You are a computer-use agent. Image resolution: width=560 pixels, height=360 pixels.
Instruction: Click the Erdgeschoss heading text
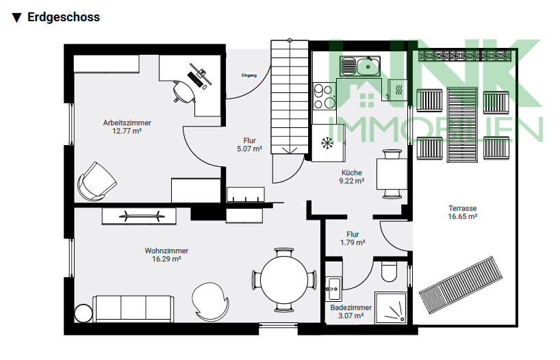[64, 17]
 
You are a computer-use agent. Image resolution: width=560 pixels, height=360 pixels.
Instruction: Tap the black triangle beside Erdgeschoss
[17, 18]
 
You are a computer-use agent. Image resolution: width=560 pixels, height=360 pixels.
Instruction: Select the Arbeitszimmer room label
[127, 123]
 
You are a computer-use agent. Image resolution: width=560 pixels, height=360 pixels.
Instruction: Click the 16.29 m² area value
[166, 259]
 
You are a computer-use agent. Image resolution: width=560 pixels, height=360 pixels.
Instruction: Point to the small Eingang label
[249, 75]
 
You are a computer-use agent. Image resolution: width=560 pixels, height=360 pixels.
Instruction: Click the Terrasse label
[463, 208]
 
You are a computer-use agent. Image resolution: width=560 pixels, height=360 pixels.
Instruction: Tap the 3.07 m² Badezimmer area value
[351, 316]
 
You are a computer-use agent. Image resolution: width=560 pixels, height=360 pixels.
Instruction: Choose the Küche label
[352, 172]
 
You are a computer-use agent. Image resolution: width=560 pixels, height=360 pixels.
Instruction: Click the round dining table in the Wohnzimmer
[284, 280]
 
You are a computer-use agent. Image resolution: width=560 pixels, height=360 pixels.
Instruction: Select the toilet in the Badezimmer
[389, 272]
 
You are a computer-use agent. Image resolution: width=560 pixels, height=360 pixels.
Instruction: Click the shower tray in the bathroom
[390, 308]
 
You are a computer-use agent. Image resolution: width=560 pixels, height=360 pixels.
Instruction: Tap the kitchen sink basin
[368, 66]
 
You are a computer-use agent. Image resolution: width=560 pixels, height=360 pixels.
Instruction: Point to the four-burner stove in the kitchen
[324, 96]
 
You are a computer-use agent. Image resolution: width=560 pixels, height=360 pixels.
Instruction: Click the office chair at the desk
[183, 92]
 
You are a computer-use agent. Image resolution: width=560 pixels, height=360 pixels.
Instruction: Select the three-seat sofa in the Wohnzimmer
[133, 309]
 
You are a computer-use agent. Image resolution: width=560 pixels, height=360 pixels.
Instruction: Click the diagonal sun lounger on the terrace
[461, 285]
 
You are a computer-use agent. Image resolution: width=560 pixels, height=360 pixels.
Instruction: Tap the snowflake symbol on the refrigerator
[327, 143]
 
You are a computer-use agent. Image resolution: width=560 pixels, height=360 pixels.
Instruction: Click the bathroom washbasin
[333, 289]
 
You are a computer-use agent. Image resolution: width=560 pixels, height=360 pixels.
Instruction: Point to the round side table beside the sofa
[84, 313]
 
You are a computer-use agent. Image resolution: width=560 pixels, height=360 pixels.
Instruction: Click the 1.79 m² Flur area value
[353, 242]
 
